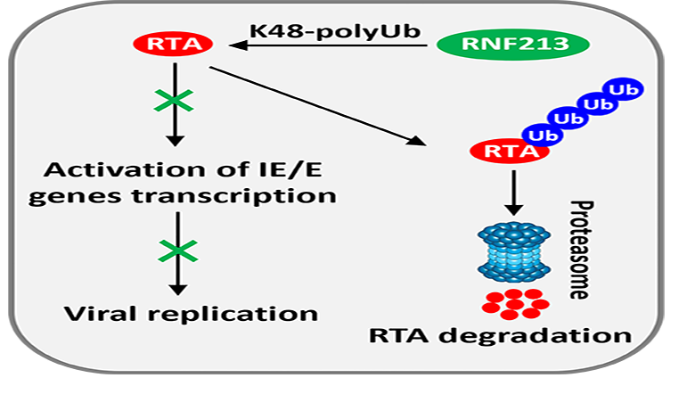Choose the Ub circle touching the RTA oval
click(x=537, y=134)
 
